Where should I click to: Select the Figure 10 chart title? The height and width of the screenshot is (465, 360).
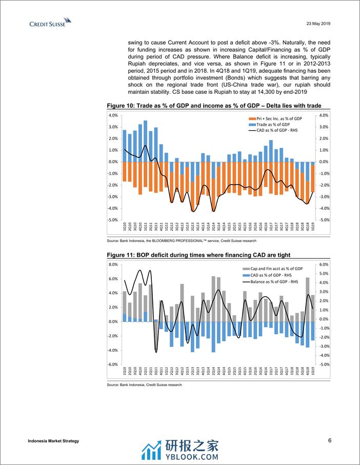pyautogui.click(x=214, y=105)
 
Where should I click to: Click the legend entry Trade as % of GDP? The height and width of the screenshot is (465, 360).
pyautogui.click(x=273, y=125)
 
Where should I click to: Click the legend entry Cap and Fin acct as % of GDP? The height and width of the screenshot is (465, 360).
pyautogui.click(x=276, y=269)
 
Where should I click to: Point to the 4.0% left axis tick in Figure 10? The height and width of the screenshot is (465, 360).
pyautogui.click(x=113, y=115)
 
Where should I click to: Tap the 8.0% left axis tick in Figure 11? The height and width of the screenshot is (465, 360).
pyautogui.click(x=113, y=265)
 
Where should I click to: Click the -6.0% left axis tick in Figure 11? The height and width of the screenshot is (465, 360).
pyautogui.click(x=113, y=365)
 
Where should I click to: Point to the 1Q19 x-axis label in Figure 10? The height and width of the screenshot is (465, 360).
pyautogui.click(x=313, y=227)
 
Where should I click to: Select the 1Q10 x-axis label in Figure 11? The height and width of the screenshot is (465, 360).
pyautogui.click(x=125, y=371)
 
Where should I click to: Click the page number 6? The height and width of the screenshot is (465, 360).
pyautogui.click(x=330, y=440)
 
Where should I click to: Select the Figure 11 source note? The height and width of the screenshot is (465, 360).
pyautogui.click(x=144, y=385)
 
